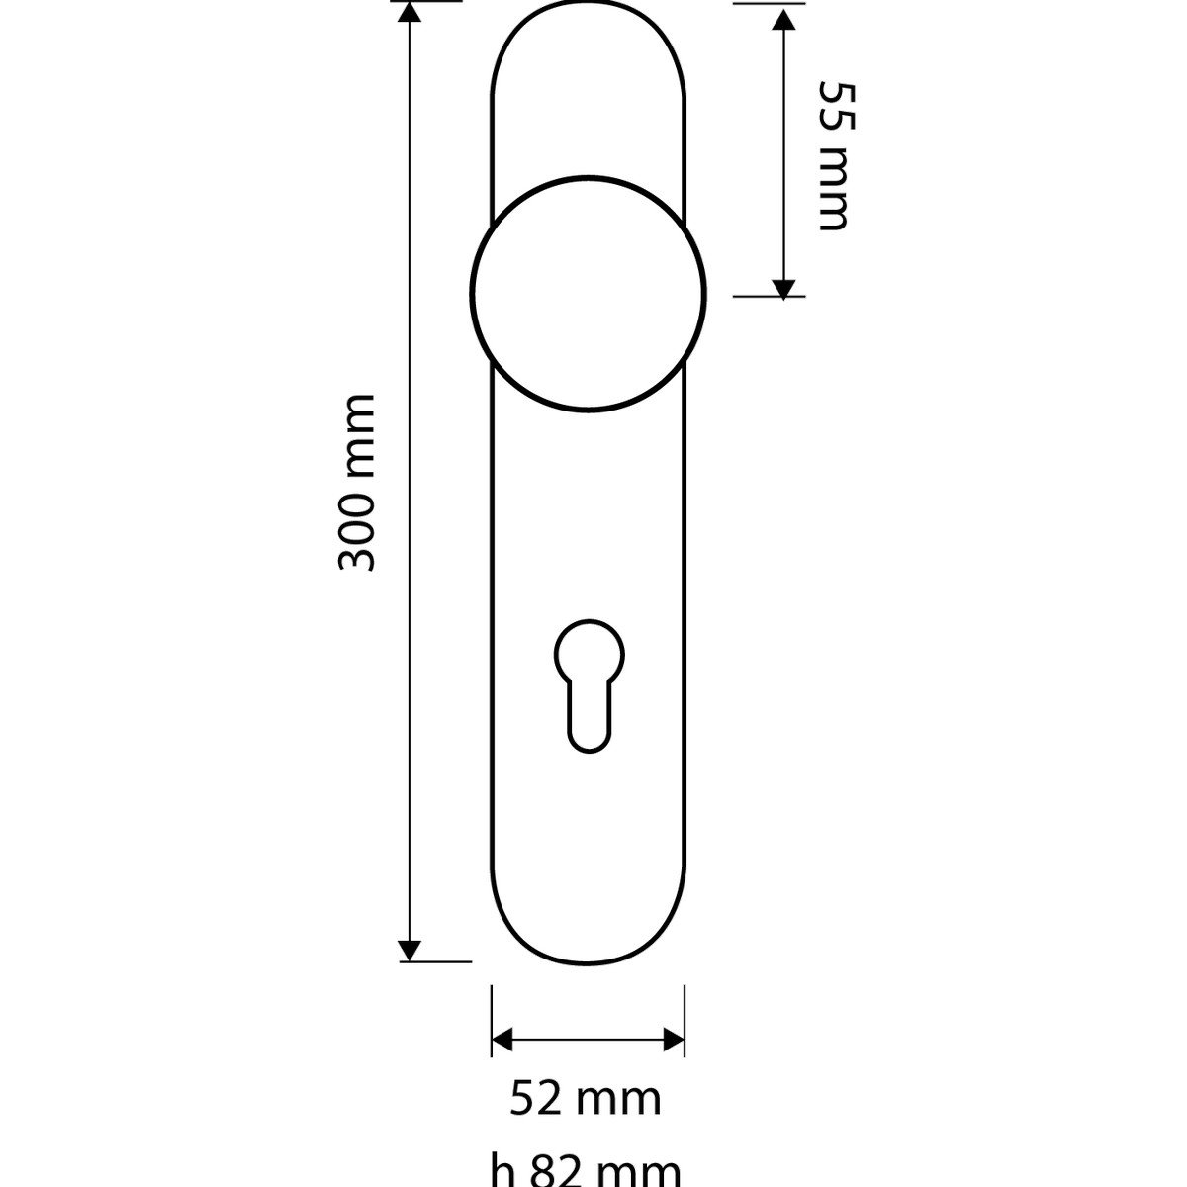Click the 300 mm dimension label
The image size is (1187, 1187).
click(357, 483)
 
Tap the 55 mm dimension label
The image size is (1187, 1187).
click(837, 156)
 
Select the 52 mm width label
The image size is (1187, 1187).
click(586, 1099)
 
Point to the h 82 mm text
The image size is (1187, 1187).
click(586, 1169)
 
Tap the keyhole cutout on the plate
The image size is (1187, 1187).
click(589, 685)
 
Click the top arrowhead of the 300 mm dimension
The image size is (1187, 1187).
click(410, 11)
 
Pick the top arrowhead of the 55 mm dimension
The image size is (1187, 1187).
click(782, 21)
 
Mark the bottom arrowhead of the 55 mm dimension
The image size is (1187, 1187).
click(782, 288)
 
